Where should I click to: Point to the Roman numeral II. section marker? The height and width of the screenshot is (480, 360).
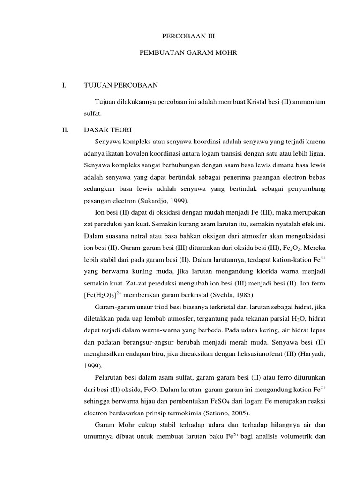click(65, 129)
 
